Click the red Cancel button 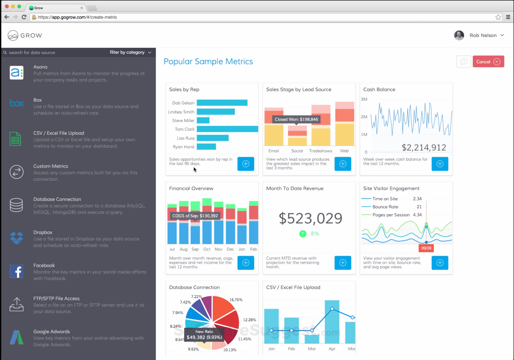pyautogui.click(x=488, y=62)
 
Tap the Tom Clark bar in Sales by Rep pyautogui.click(x=227, y=129)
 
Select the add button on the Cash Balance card pyautogui.click(x=440, y=164)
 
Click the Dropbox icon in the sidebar pyautogui.click(x=16, y=238)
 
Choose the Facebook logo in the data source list pyautogui.click(x=16, y=271)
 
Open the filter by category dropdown pyautogui.click(x=130, y=53)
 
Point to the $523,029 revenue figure pyautogui.click(x=310, y=218)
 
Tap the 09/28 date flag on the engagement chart pyautogui.click(x=426, y=248)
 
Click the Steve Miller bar pyautogui.click(x=203, y=121)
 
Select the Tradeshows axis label pyautogui.click(x=320, y=151)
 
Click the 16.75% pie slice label pyautogui.click(x=236, y=300)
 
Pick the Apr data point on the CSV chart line pyautogui.click(x=332, y=309)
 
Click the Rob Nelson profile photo pyautogui.click(x=459, y=35)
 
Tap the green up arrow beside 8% pyautogui.click(x=303, y=234)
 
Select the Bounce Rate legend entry pyautogui.click(x=385, y=207)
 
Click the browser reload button pyautogui.click(x=24, y=17)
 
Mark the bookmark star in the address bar pyautogui.click(x=498, y=17)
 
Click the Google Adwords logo pyautogui.click(x=16, y=337)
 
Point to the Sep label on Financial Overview pyautogui.click(x=195, y=249)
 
